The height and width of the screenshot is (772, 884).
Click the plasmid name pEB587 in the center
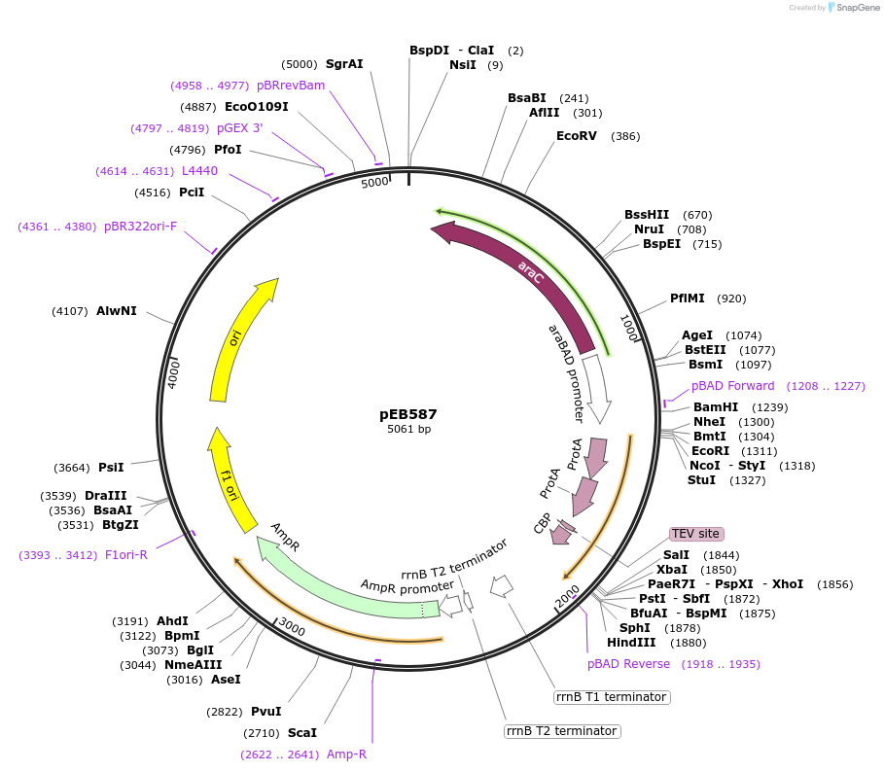pos(408,413)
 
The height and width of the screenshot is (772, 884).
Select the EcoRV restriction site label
pos(576,136)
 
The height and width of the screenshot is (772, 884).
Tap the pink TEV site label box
pos(695,534)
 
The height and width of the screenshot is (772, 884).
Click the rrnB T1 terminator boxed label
pos(611,697)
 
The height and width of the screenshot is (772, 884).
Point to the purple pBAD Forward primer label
pos(733,386)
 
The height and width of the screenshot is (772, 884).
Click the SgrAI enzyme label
pos(344,64)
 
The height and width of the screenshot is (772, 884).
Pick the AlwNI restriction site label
pos(117,311)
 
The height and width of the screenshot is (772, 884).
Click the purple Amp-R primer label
pos(346,754)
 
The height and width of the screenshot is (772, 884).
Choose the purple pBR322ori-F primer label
pos(141,227)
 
